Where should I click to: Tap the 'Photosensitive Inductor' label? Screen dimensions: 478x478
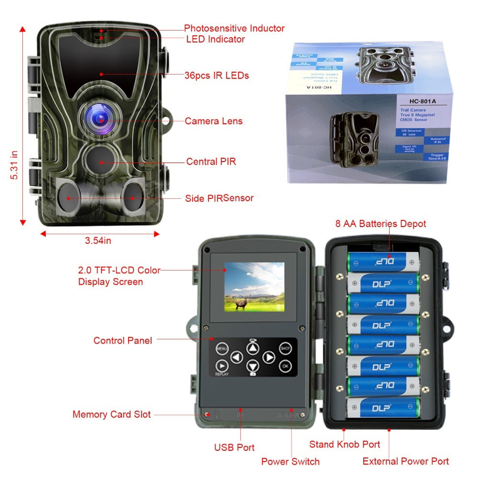234,28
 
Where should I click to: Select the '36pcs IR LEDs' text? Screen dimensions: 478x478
217,76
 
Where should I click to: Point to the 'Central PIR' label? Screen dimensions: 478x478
211,162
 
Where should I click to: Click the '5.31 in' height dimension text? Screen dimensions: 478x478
14,165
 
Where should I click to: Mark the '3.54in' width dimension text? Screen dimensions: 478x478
98,240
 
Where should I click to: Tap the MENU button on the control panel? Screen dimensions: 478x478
221,349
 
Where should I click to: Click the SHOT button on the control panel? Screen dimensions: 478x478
285,349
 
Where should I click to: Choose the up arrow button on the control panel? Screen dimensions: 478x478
253,348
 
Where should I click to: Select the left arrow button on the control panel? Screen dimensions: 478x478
237,357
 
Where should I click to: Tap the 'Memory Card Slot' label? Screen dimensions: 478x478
111,414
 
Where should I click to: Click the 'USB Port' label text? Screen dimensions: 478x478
234,447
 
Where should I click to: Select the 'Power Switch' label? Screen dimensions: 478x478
290,461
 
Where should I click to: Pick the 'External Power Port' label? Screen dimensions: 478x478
405,461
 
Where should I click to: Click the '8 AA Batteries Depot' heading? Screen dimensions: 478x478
380,223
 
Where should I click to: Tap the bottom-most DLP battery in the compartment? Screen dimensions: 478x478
383,408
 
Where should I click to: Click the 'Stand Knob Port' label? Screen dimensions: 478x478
344,444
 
